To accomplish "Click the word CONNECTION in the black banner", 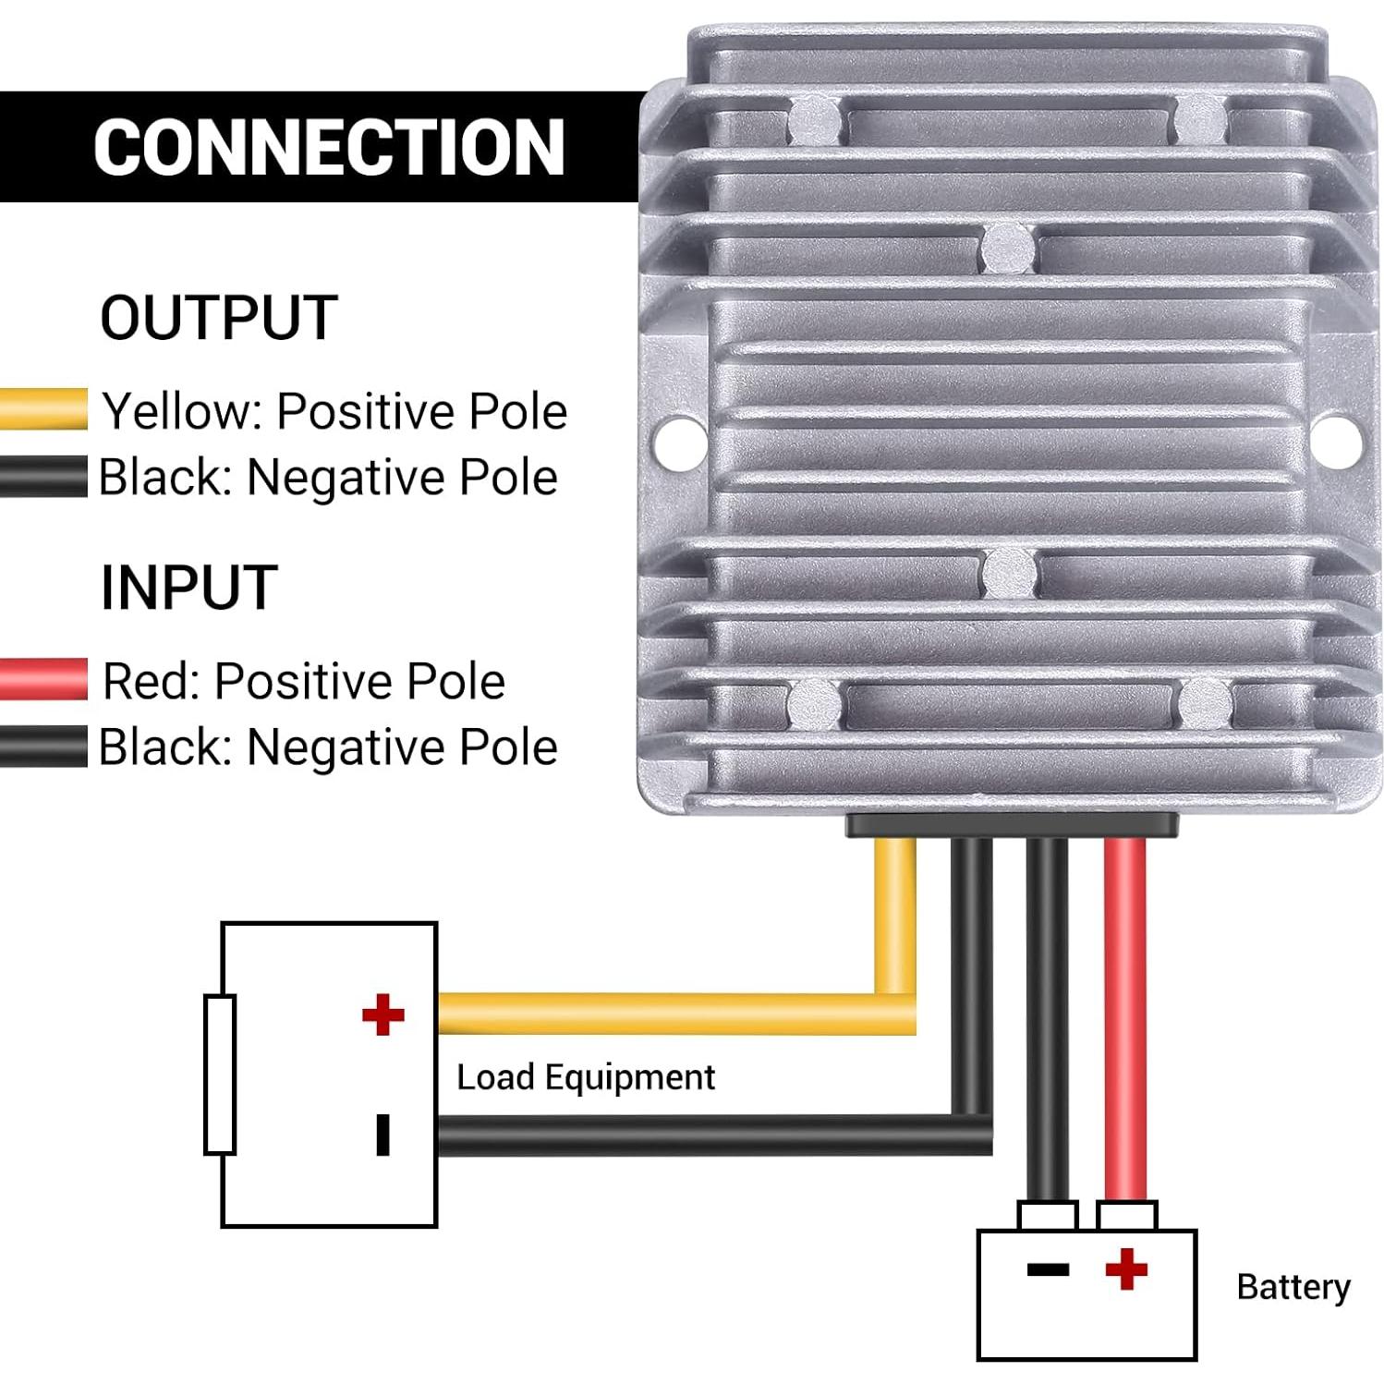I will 329,147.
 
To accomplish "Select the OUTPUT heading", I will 219,318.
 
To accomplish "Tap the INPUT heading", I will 189,588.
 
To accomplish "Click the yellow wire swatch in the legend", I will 43,409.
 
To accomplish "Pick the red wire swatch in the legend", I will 43,679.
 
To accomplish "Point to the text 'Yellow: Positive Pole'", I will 334,411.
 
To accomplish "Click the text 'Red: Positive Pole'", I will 304,682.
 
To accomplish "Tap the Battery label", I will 1293,1287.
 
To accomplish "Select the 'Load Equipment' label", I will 586,1077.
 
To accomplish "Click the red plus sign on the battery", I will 1126,1269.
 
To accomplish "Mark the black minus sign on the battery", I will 1048,1269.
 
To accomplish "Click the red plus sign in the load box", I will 383,1014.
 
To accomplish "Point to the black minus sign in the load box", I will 382,1135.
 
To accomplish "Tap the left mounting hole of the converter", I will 681,441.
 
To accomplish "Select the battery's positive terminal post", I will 1126,1215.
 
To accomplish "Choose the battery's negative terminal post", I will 1048,1215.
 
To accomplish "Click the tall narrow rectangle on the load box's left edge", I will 220,1074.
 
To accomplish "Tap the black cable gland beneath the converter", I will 1012,824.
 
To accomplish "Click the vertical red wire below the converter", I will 1125,1016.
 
